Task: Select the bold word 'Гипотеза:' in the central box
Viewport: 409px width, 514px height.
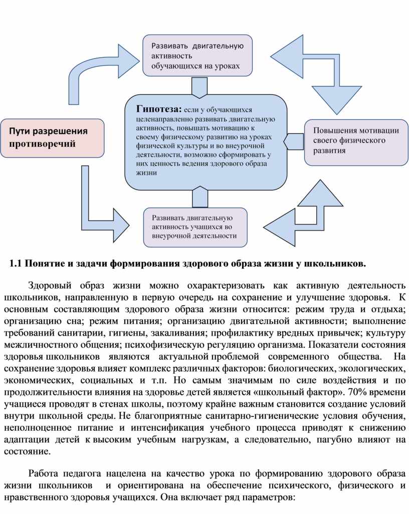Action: point(155,109)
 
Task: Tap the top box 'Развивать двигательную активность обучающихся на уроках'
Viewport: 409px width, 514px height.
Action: point(197,55)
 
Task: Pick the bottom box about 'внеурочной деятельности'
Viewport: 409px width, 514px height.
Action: point(195,227)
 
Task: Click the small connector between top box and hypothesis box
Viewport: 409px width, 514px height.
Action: point(199,87)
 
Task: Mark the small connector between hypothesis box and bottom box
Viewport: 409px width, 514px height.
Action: point(199,196)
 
